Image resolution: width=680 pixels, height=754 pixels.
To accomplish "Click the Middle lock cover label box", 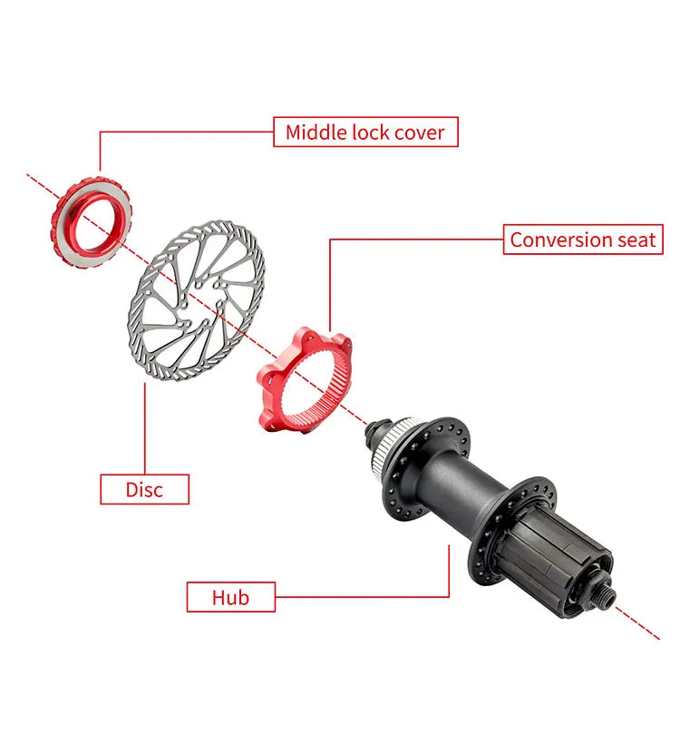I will [365, 132].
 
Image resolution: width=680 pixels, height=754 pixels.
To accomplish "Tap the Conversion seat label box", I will [582, 240].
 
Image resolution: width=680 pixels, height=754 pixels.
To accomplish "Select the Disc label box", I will [144, 489].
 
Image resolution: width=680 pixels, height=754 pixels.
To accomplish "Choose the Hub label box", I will [230, 597].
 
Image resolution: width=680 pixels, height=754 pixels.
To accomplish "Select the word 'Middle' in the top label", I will [311, 132].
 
